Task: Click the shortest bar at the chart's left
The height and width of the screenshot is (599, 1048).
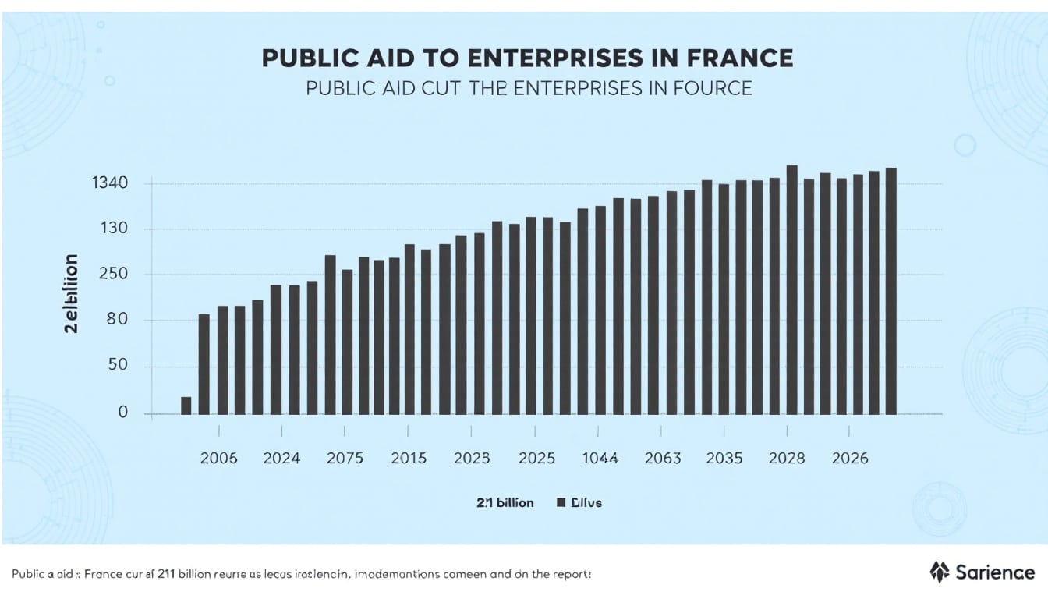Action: pos(186,406)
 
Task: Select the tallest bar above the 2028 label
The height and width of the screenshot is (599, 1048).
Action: pos(791,289)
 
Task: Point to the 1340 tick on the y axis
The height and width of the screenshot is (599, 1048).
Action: pos(110,184)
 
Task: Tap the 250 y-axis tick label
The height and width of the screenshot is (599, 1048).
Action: pos(112,275)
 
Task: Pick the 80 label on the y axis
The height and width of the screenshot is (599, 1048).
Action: pos(116,321)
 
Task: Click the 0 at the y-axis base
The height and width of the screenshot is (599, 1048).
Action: pos(122,413)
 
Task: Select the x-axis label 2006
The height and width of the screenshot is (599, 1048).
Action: pos(218,459)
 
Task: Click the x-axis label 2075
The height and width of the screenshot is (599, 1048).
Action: pos(345,459)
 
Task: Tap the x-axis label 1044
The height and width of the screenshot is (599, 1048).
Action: pos(600,459)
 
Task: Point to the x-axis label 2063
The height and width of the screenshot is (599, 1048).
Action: pos(663,459)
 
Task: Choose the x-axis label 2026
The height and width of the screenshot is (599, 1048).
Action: pos(850,459)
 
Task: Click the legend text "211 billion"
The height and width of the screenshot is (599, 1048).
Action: pos(505,503)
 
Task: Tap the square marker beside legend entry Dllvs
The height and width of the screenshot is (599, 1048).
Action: pos(560,503)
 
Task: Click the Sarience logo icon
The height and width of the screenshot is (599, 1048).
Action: pos(940,572)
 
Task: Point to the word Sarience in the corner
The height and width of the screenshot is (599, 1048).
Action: pos(995,572)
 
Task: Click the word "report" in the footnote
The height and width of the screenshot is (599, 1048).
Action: pos(571,573)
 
